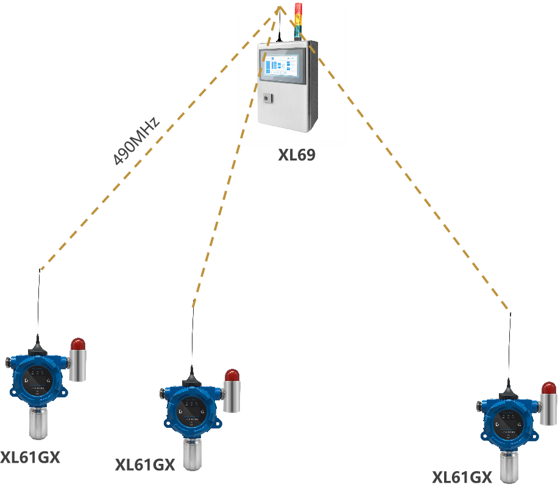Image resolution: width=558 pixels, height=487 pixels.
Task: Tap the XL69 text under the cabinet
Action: point(297,155)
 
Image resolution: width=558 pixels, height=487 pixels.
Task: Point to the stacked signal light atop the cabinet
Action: point(298,20)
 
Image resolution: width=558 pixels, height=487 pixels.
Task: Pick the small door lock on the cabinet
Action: point(266,98)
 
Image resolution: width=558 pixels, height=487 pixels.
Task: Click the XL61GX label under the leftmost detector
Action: point(30,458)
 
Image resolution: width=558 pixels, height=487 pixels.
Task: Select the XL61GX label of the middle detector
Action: point(145,466)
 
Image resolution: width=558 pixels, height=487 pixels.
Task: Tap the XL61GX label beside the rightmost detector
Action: point(462,477)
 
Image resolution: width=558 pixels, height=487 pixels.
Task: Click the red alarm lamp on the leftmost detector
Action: point(78,344)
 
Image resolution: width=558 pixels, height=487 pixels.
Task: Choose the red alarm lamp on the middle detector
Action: point(232,375)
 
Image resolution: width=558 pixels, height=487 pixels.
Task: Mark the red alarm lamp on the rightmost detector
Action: point(549,388)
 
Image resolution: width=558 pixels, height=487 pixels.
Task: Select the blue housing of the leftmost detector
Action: point(37,378)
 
